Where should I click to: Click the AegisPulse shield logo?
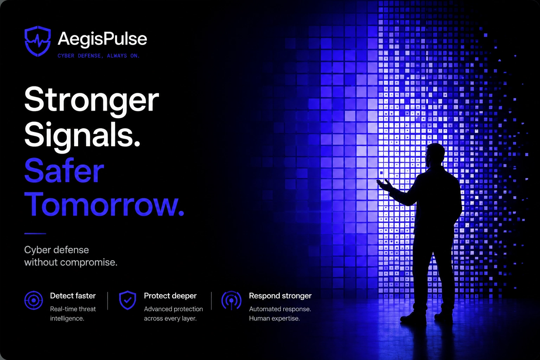38,41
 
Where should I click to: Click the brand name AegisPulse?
102,39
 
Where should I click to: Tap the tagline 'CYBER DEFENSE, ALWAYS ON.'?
98,56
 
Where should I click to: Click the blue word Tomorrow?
104,205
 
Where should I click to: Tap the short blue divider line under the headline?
35,233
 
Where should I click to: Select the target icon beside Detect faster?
33,301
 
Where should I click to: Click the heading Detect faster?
73,296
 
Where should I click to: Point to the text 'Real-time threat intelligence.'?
73,314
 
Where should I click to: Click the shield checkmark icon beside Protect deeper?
128,300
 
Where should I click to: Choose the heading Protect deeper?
170,296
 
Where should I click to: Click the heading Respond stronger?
280,296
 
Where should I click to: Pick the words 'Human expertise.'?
274,318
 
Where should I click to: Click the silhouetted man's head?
435,155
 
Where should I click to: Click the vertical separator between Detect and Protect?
108,301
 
